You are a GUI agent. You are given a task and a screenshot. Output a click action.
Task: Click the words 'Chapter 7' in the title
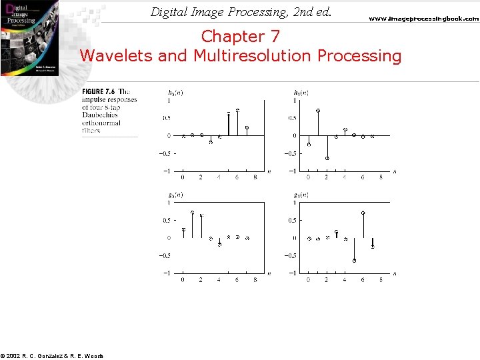(x=240, y=36)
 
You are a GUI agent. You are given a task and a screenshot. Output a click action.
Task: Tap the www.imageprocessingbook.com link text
(x=423, y=19)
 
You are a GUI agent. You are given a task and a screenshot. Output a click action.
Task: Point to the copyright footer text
(x=52, y=356)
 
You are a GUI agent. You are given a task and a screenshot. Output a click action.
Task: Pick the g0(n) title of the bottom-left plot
(x=176, y=195)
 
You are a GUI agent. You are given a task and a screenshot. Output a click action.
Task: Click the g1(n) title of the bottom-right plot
(x=301, y=195)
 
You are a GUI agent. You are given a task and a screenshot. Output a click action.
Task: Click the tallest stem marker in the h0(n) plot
(x=238, y=110)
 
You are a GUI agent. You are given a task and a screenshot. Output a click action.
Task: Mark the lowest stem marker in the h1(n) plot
(x=327, y=158)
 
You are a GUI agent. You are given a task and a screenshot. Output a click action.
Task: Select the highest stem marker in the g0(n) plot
(x=192, y=213)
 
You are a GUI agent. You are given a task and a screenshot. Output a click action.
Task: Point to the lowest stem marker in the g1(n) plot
(x=355, y=261)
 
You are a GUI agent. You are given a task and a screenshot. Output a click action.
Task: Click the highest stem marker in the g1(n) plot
(x=363, y=213)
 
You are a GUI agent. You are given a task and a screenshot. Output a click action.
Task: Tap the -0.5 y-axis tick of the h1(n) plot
(x=291, y=153)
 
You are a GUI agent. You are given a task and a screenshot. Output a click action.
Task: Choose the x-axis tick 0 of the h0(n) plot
(x=183, y=177)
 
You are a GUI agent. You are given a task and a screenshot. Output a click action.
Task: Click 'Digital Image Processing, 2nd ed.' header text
(x=241, y=12)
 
